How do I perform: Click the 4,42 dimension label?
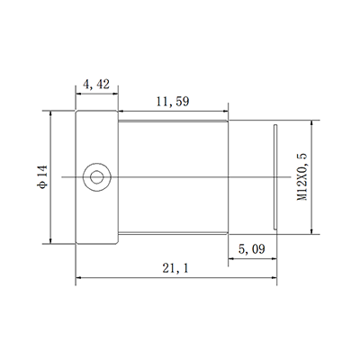tap(96, 85)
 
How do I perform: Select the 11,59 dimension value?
tap(173, 102)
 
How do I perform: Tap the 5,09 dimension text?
tap(252, 248)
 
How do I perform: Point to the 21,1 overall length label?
tap(175, 268)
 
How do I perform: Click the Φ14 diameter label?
tap(42, 176)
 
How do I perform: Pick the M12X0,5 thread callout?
tap(302, 176)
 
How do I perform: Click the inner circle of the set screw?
tap(97, 177)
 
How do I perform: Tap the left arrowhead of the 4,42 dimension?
tap(78, 94)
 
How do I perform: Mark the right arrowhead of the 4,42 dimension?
tap(115, 94)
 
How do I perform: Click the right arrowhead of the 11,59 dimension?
tap(225, 112)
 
